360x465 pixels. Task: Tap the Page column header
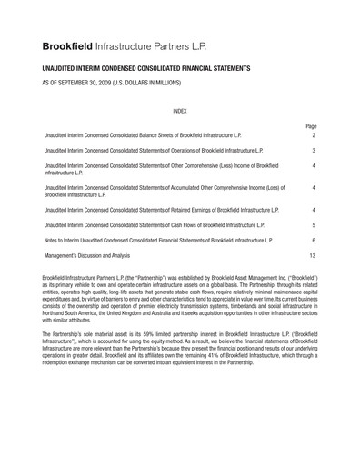311,126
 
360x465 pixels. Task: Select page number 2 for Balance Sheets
313,134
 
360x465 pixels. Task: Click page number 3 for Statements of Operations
313,150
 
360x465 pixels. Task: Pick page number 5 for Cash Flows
313,223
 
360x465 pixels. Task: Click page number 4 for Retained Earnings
313,208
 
